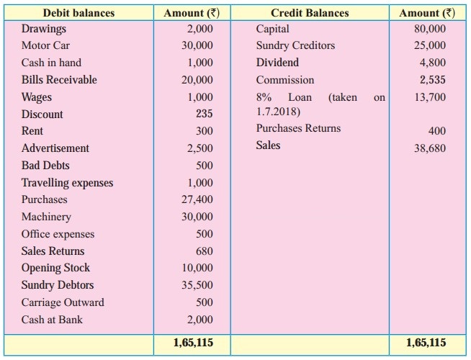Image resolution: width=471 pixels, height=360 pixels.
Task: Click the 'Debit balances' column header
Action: [x=79, y=13]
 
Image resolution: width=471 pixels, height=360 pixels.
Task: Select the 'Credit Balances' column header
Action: [x=310, y=13]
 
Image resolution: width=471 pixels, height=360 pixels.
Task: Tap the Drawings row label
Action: [x=43, y=29]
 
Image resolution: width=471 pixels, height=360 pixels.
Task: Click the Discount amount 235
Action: [x=204, y=114]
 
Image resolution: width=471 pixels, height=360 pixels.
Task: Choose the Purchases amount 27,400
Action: [x=198, y=199]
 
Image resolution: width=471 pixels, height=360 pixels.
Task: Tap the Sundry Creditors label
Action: [x=295, y=45]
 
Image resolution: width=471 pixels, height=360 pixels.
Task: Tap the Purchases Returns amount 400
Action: [x=437, y=130]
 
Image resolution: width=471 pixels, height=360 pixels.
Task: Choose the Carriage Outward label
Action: [x=63, y=302]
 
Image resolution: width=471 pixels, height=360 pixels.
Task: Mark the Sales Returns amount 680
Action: [x=204, y=251]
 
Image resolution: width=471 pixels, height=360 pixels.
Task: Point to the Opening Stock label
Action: [x=55, y=268]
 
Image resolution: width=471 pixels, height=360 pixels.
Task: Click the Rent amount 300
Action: [x=204, y=131]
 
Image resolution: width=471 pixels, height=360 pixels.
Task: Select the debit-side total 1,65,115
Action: [x=193, y=343]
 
